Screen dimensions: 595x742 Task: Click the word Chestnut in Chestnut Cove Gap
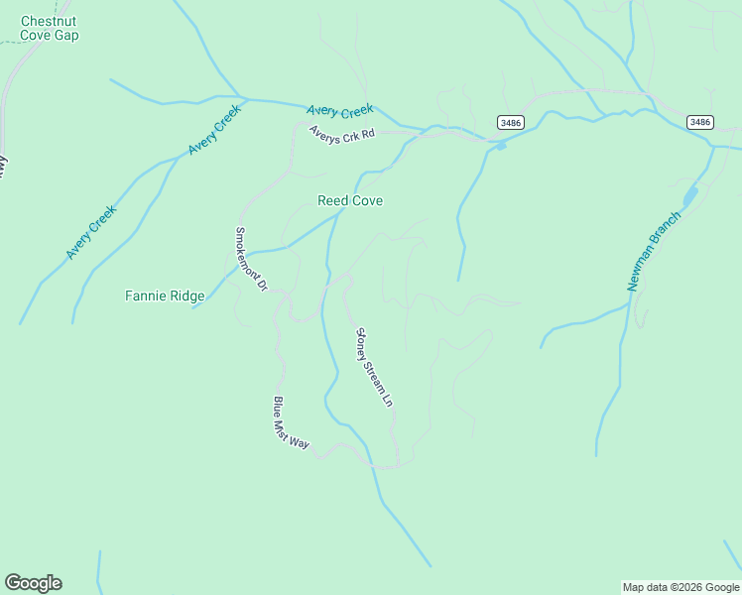(50, 21)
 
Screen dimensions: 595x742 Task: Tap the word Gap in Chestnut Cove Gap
(67, 36)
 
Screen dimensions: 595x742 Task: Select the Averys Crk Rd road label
(342, 133)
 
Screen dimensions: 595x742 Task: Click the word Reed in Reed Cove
(331, 200)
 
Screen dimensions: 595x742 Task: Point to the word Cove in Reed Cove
(365, 200)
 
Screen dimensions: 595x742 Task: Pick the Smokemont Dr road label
(251, 259)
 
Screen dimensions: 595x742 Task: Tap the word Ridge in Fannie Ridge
(186, 296)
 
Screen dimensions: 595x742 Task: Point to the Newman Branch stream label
(655, 251)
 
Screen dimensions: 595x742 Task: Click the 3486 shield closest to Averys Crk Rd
(511, 122)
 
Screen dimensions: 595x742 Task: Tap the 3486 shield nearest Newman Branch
(699, 122)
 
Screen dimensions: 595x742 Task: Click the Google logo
(33, 583)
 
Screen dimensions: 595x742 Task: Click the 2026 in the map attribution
(690, 587)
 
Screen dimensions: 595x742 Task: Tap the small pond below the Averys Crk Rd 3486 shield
(501, 147)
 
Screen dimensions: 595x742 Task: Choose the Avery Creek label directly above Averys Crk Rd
(340, 110)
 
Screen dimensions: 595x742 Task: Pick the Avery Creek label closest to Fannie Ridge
(91, 233)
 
